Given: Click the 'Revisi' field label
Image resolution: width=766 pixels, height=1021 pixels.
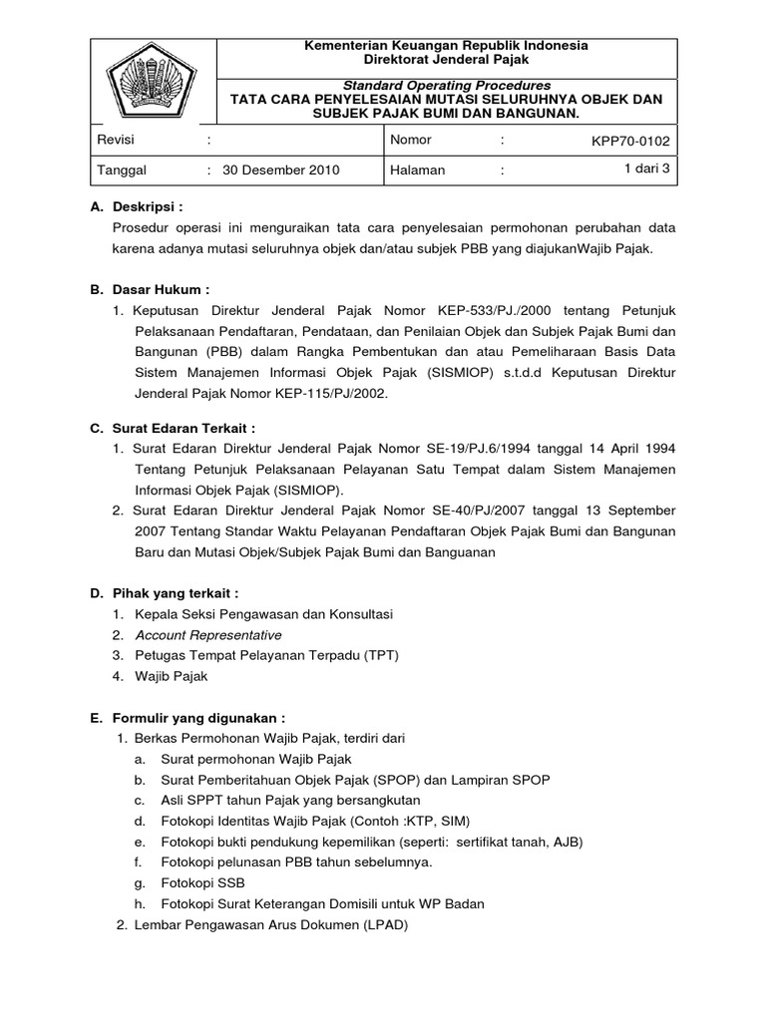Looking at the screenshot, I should (115, 142).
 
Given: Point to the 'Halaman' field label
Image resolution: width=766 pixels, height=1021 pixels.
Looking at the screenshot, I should (419, 170).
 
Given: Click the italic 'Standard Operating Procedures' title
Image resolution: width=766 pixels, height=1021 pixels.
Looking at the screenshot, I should (447, 86).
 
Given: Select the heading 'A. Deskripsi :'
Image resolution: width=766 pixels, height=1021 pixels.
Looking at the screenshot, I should (138, 206).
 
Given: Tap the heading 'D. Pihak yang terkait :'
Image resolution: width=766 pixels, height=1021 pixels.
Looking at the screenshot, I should (165, 593).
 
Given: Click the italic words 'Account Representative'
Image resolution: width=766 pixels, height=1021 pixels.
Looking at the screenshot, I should (208, 635).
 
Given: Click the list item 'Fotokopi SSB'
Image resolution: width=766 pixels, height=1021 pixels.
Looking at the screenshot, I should (202, 883).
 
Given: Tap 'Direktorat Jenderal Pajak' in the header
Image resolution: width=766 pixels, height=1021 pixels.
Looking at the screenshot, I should (446, 60).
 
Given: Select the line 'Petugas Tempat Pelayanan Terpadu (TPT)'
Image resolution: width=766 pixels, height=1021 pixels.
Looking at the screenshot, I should (253, 655).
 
